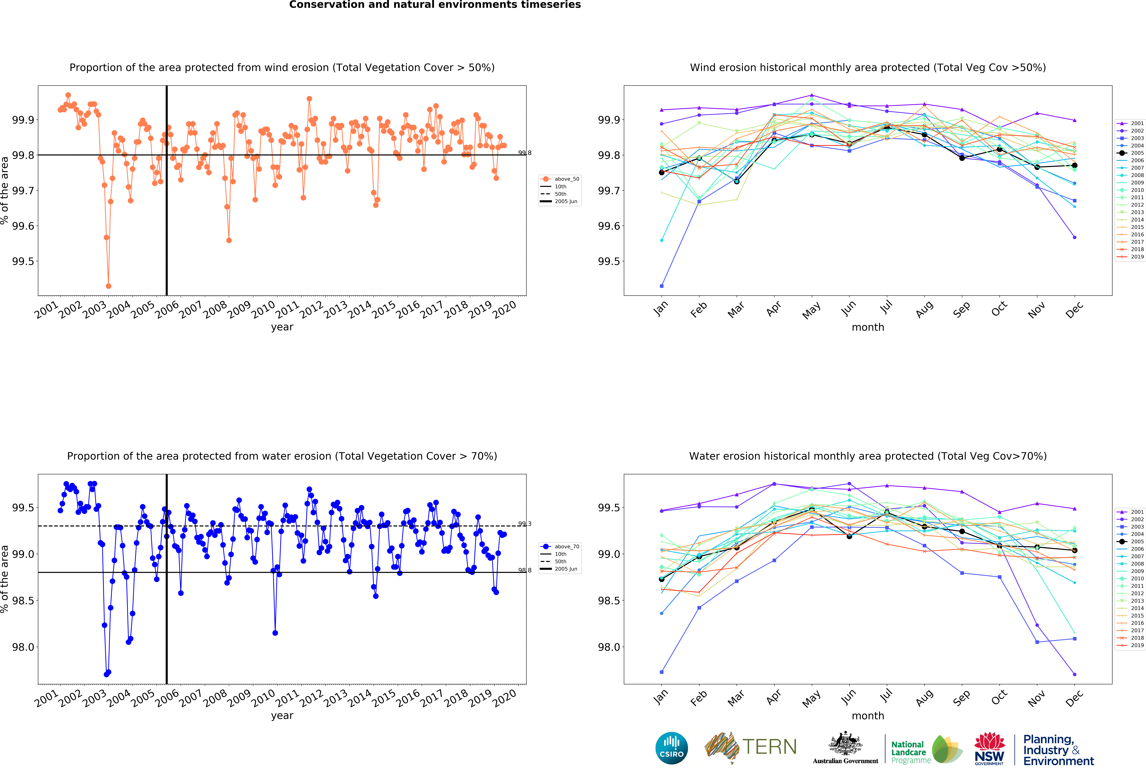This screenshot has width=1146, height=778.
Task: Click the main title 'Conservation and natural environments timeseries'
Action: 435,5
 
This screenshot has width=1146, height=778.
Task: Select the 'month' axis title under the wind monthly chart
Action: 868,327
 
